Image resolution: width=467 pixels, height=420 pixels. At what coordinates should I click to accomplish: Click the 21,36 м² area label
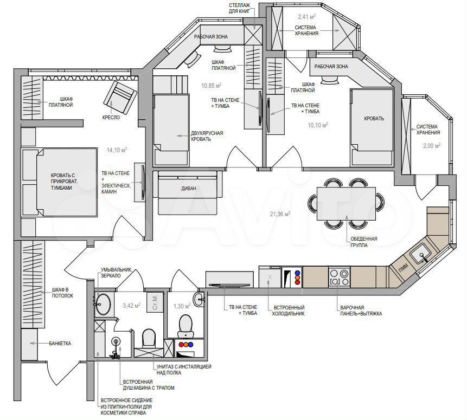click(280, 214)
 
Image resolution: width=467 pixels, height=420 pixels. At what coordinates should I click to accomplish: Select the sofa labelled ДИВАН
click(188, 192)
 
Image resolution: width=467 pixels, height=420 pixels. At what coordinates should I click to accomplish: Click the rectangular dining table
click(346, 204)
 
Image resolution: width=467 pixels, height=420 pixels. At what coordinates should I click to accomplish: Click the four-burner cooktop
click(339, 277)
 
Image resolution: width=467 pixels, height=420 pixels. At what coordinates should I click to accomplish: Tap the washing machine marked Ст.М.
click(155, 302)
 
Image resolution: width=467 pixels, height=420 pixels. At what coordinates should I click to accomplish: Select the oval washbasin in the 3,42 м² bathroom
click(103, 303)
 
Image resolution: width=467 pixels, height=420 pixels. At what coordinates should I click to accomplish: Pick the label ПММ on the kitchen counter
click(404, 266)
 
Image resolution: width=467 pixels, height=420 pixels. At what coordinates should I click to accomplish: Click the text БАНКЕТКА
click(60, 343)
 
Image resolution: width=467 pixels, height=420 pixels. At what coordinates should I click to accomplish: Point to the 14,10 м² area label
click(117, 150)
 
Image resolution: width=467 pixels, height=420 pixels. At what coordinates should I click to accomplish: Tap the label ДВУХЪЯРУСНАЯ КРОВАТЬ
click(207, 136)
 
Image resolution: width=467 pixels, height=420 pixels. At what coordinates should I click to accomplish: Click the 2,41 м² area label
click(307, 17)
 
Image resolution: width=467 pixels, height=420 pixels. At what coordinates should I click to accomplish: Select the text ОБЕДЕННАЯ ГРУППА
click(363, 242)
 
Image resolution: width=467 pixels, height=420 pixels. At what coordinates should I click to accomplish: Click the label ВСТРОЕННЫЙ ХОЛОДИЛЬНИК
click(288, 310)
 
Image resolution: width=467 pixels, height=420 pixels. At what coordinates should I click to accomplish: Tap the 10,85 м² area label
click(211, 86)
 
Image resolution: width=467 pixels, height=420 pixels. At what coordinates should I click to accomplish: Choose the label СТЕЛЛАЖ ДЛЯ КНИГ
click(239, 8)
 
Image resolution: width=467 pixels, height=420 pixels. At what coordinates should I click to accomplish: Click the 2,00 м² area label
click(432, 146)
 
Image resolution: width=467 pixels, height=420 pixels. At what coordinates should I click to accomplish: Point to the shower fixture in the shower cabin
click(116, 348)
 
